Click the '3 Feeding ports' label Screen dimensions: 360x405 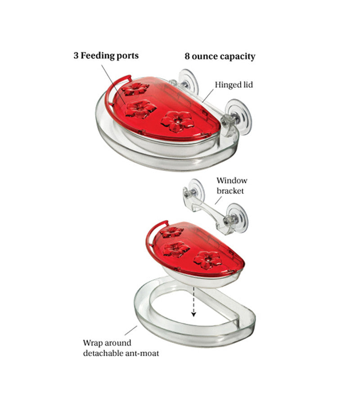106,56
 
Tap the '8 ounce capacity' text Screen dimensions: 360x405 220,56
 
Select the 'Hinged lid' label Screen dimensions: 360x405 234,85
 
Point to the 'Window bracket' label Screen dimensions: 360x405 232,185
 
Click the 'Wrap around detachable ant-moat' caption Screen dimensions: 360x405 121,348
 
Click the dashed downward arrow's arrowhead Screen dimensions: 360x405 193,314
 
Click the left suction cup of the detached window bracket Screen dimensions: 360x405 195,191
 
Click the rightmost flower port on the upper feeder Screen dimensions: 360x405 177,121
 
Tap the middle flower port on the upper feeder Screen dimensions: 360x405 140,108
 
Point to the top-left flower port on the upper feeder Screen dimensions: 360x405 135,89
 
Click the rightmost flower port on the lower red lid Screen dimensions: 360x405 208,259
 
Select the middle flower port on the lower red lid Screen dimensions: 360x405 176,249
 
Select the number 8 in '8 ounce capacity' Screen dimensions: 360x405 187,56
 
